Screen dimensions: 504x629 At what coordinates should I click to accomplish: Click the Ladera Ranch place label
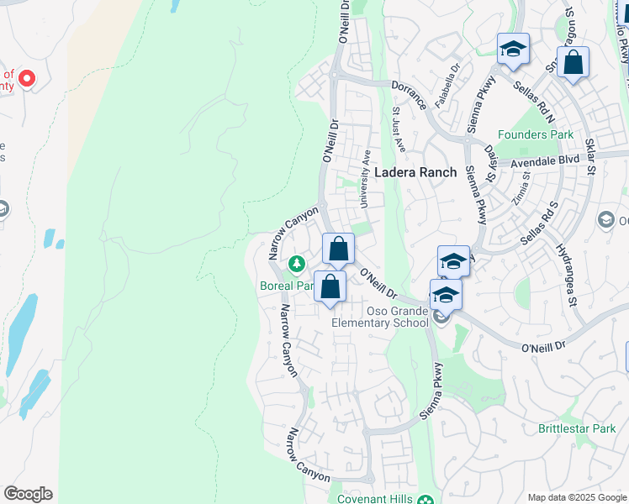[x=415, y=172]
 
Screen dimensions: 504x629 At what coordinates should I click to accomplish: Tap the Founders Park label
[x=535, y=134]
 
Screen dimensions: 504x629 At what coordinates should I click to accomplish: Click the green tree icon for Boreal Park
[x=296, y=265]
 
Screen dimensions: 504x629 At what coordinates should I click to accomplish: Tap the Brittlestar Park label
[x=577, y=428]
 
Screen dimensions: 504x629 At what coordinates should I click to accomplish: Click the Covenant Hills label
[x=375, y=499]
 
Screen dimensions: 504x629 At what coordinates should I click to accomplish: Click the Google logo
[x=28, y=494]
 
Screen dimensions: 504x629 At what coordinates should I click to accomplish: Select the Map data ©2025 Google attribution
[x=576, y=497]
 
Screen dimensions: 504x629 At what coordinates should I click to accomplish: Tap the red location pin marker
[x=26, y=79]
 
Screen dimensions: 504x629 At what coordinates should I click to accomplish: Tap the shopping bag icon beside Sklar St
[x=573, y=63]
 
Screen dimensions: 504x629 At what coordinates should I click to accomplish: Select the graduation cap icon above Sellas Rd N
[x=512, y=50]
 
